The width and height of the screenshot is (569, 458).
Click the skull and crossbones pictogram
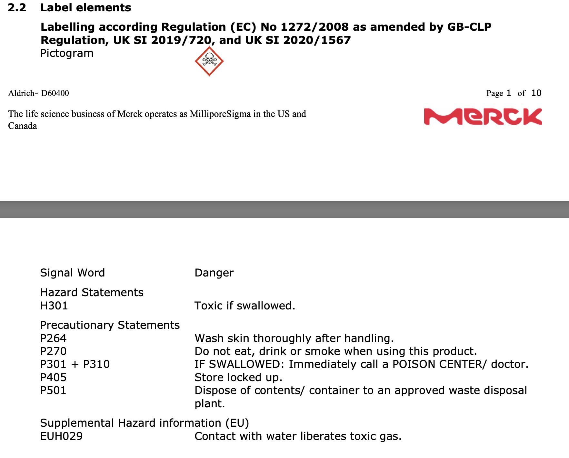[x=209, y=61]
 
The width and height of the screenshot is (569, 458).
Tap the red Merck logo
[x=483, y=117]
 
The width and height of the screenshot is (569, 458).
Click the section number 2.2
[x=17, y=7]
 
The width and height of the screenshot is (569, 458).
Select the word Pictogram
[x=67, y=53]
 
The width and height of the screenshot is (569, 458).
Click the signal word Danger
[x=214, y=273]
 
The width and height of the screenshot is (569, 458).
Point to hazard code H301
[x=54, y=306]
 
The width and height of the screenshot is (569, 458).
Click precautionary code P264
[x=53, y=338]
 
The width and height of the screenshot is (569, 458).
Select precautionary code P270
[x=53, y=351]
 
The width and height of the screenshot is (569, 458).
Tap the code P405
[x=53, y=377]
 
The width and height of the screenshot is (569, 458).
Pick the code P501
[x=53, y=390]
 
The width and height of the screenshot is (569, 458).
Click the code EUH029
[x=61, y=436]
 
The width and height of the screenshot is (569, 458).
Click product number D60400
[x=55, y=93]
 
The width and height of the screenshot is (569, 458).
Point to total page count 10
[x=536, y=93]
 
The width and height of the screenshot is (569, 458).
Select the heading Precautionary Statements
[x=110, y=325]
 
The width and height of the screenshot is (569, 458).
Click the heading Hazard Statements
[x=92, y=292]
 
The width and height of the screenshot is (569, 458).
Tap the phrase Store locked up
[x=238, y=377]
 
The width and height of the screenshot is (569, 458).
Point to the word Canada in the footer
[x=23, y=126]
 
